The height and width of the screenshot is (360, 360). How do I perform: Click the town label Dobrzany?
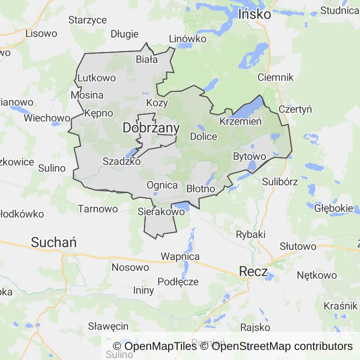click(151, 127)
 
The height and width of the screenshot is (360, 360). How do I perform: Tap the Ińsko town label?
click(255, 15)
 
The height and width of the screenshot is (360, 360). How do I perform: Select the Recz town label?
click(253, 271)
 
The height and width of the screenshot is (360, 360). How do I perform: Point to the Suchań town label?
click(53, 242)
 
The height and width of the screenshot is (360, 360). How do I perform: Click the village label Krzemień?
click(240, 121)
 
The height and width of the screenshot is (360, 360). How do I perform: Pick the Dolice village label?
click(203, 137)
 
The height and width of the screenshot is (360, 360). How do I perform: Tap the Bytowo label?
click(249, 156)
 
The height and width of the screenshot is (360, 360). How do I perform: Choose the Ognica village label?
click(162, 185)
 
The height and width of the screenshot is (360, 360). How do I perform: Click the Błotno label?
click(201, 189)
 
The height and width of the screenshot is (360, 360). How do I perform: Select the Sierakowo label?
click(161, 212)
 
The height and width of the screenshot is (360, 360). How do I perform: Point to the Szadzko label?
click(121, 161)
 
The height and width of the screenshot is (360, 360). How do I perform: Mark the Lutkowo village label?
click(97, 78)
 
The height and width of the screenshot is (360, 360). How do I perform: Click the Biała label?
click(146, 60)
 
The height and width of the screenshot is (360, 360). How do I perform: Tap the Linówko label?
click(187, 39)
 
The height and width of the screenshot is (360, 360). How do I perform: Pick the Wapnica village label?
click(180, 256)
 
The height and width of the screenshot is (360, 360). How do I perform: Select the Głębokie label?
click(334, 208)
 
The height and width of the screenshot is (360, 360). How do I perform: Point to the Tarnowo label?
click(97, 209)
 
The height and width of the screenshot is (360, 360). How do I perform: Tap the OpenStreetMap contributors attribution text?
click(282, 346)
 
